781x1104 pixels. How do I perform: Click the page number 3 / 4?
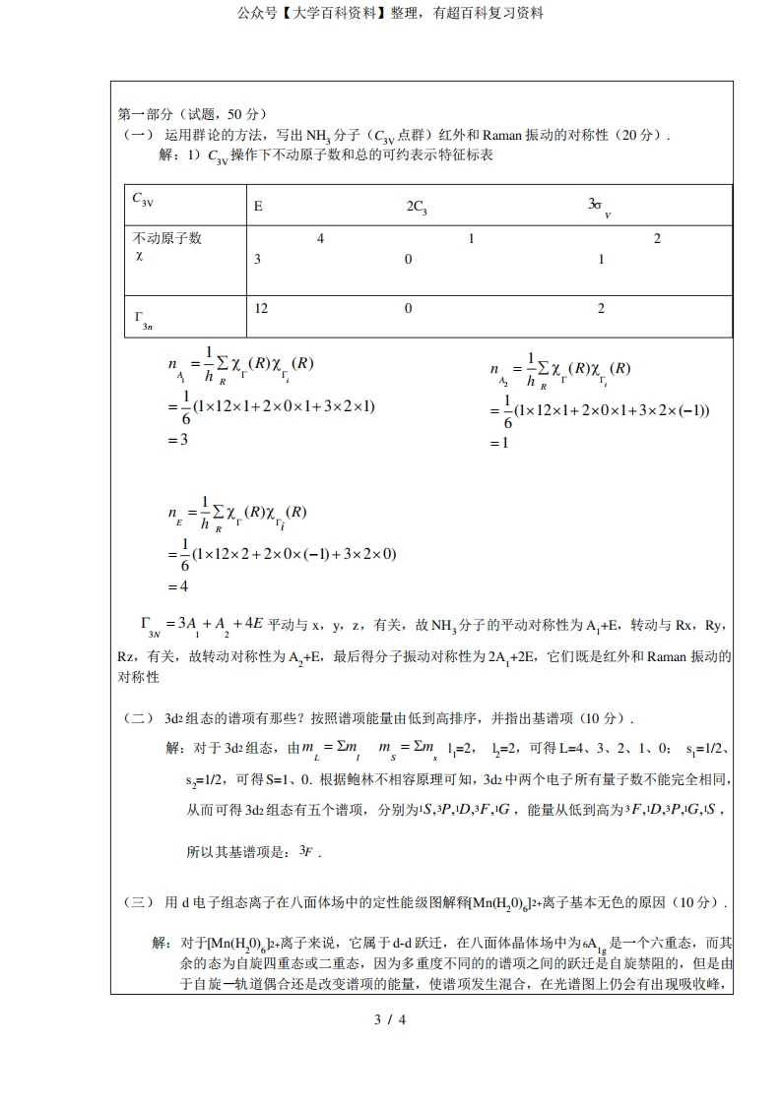click(390, 1019)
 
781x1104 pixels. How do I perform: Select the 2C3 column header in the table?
click(417, 207)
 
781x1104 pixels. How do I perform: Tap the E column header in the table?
click(258, 207)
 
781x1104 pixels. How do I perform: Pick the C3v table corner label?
click(143, 199)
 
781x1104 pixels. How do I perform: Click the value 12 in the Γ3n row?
click(261, 308)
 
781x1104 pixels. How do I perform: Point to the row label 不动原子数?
click(167, 239)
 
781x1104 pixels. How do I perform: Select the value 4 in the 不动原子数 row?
click(320, 239)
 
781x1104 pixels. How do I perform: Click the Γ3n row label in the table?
click(143, 319)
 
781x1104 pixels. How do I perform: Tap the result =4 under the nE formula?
click(177, 586)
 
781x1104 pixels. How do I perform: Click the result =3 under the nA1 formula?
click(177, 439)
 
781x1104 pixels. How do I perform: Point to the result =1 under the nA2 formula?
click(500, 443)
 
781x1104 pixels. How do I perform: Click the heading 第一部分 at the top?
click(145, 114)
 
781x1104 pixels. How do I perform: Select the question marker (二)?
click(137, 717)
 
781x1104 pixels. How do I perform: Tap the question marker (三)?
click(137, 902)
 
